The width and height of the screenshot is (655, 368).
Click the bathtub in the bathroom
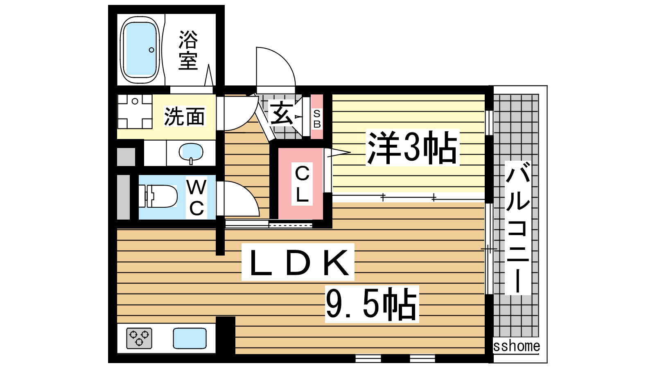(140, 50)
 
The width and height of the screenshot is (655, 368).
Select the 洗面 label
(185, 117)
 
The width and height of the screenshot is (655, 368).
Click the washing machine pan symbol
(135, 111)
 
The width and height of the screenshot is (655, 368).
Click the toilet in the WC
(158, 196)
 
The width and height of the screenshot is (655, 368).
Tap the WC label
(196, 198)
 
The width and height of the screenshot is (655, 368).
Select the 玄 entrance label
(281, 114)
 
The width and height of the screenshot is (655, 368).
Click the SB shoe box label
(317, 119)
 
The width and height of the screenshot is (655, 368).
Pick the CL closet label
(302, 184)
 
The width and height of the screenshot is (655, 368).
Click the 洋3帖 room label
(412, 148)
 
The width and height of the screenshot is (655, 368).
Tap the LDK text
(298, 262)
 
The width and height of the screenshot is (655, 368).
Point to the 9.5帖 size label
(372, 304)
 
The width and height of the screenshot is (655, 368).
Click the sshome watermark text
(516, 346)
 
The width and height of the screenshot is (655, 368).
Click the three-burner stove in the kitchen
(139, 338)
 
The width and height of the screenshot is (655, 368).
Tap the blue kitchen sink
(190, 338)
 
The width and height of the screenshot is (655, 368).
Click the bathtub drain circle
(151, 50)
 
